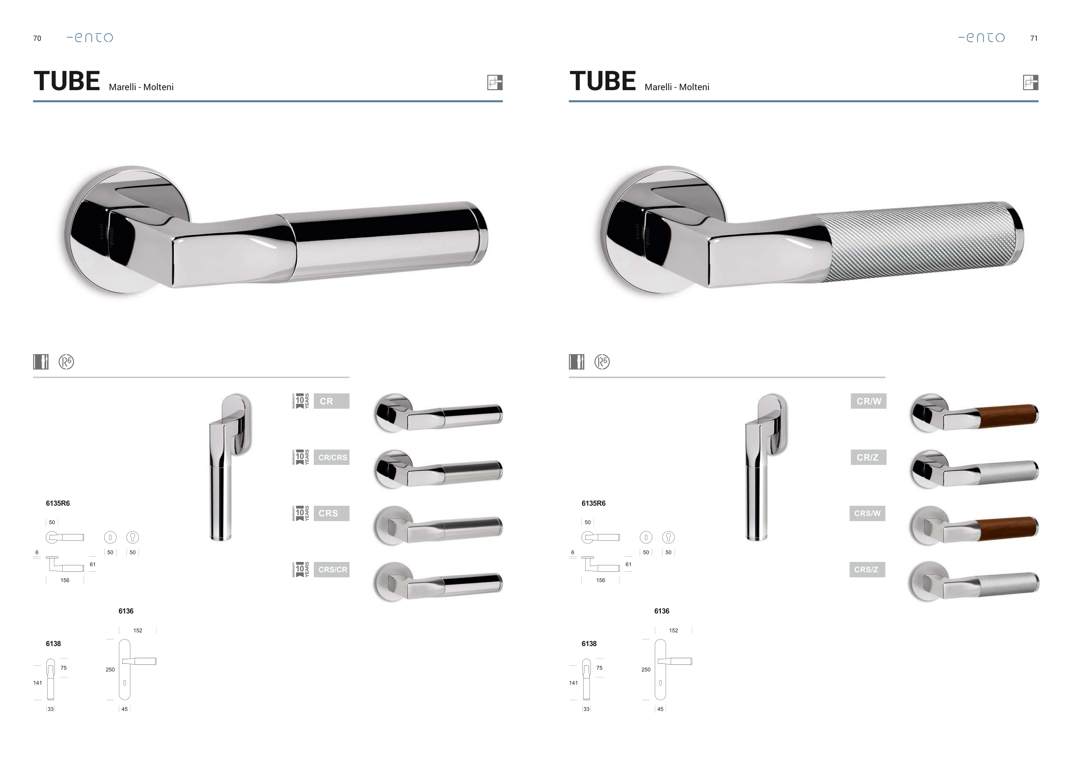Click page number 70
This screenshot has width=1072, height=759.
pyautogui.click(x=37, y=38)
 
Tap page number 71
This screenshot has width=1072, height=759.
pyautogui.click(x=1034, y=38)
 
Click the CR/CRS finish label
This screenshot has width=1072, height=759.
pyautogui.click(x=332, y=458)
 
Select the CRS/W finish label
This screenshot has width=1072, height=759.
pyautogui.click(x=867, y=513)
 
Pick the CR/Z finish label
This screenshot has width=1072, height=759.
pyautogui.click(x=868, y=458)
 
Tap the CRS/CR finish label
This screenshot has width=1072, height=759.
pyautogui.click(x=332, y=570)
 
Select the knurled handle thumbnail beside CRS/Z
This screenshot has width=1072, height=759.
pyautogui.click(x=974, y=581)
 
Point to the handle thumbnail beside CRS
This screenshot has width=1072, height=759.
pyautogui.click(x=438, y=526)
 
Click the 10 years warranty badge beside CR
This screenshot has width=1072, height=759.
pyautogui.click(x=301, y=401)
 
